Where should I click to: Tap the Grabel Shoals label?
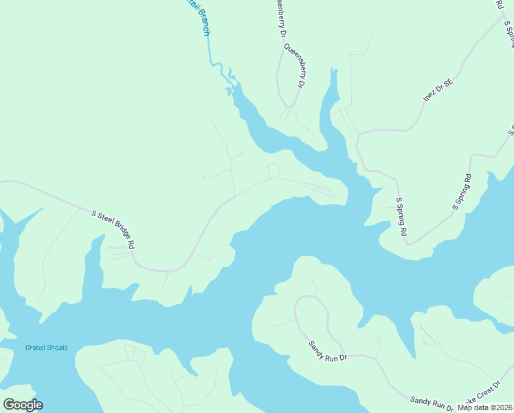(47, 348)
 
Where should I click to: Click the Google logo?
(23, 405)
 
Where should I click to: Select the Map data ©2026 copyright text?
(484, 407)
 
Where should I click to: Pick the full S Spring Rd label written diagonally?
(462, 192)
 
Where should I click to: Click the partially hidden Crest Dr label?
(484, 396)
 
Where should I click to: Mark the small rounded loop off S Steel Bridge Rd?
(273, 171)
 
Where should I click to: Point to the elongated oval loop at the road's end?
(320, 190)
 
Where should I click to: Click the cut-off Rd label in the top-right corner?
(499, 4)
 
